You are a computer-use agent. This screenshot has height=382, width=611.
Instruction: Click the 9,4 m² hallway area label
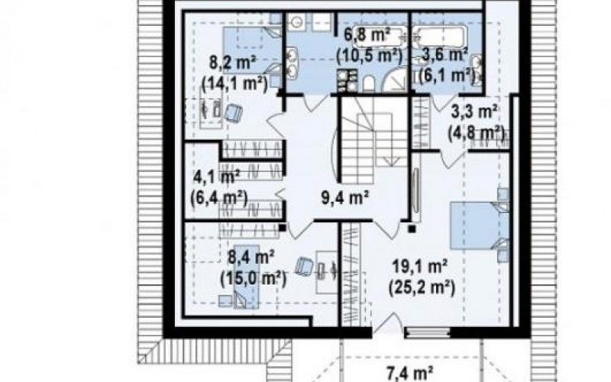pyautogui.click(x=345, y=198)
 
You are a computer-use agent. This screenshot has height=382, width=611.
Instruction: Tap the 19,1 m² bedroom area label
pyautogui.click(x=419, y=267)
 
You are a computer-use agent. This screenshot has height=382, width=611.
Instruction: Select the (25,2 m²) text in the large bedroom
pyautogui.click(x=422, y=288)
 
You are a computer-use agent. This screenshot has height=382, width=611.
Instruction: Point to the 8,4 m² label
pyautogui.click(x=251, y=257)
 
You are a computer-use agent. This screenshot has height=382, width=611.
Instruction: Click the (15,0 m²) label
pyautogui.click(x=254, y=278)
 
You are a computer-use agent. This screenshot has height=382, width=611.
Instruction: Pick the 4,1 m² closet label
pyautogui.click(x=216, y=178)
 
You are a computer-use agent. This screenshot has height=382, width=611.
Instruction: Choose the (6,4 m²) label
pyautogui.click(x=219, y=198)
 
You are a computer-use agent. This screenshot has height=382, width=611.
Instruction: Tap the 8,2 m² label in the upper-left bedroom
pyautogui.click(x=232, y=63)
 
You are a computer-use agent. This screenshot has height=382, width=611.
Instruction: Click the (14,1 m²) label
pyautogui.click(x=235, y=83)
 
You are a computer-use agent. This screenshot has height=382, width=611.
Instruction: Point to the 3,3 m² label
pyautogui.click(x=474, y=112)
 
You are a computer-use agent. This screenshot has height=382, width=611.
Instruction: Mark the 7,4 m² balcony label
pyautogui.click(x=409, y=374)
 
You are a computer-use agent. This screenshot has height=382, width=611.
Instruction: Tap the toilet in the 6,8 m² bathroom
pyautogui.click(x=369, y=83)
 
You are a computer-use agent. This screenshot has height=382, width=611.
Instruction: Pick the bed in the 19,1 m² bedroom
pyautogui.click(x=480, y=225)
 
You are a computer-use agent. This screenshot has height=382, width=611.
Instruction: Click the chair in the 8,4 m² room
pyautogui.click(x=304, y=266)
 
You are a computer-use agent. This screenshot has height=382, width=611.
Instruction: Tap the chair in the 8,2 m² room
pyautogui.click(x=233, y=112)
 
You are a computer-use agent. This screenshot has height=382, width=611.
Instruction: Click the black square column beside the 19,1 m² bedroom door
pyautogui.click(x=412, y=228)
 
